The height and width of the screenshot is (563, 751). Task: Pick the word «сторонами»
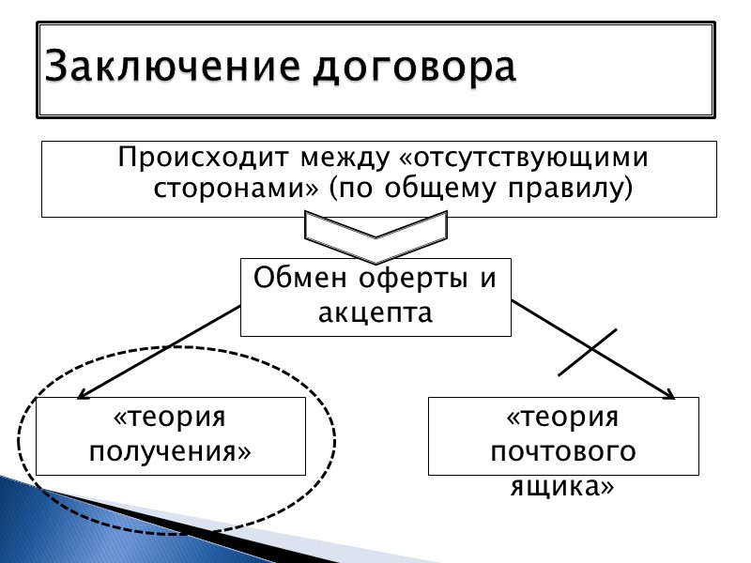(x=236, y=189)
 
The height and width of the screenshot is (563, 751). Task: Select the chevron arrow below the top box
(x=376, y=235)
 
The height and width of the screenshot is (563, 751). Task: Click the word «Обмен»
(x=299, y=279)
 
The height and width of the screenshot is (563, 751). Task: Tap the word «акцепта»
(x=375, y=312)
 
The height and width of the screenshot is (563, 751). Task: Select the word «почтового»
(x=563, y=451)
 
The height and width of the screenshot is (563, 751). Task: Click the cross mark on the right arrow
(x=590, y=353)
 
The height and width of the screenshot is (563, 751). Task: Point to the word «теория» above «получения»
(x=171, y=416)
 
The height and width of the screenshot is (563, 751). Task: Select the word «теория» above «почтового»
(x=563, y=418)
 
